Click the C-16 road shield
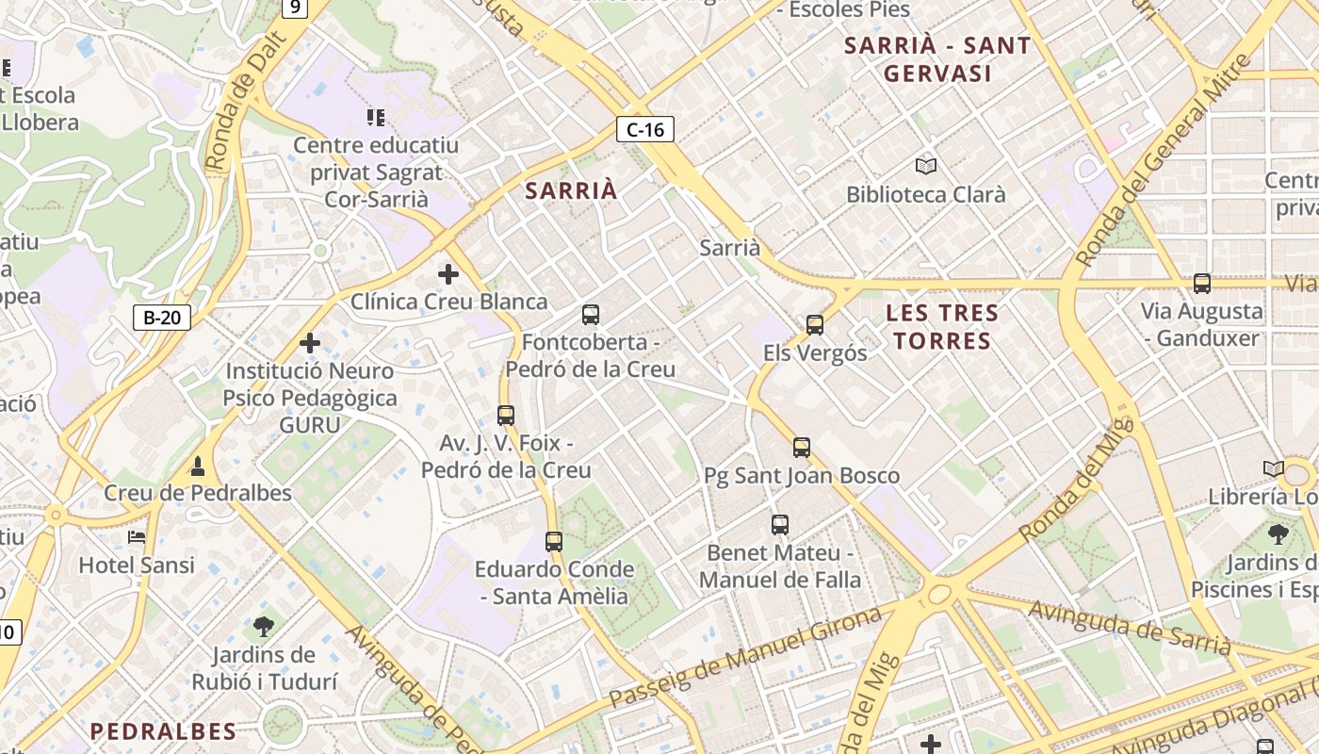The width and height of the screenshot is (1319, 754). (645, 129)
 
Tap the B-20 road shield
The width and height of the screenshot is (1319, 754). (162, 317)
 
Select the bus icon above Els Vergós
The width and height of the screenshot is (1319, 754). (815, 325)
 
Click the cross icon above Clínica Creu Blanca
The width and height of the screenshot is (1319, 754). (448, 274)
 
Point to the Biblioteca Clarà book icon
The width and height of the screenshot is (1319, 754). (926, 167)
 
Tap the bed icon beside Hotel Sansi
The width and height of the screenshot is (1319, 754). (137, 537)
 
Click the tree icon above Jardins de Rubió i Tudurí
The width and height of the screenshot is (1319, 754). (264, 625)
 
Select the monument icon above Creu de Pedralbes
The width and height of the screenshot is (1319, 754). (198, 466)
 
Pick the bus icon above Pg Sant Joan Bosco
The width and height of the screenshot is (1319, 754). (802, 448)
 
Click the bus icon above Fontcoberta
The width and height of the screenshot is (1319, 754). (591, 315)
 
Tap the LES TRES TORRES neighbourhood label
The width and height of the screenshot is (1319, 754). (942, 326)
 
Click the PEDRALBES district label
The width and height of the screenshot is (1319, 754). (163, 730)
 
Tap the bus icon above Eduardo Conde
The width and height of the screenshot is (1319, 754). (554, 542)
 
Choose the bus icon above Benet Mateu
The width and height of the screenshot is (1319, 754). (780, 525)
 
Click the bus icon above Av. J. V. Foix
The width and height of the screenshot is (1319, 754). (506, 416)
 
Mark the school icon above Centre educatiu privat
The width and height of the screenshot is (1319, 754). (376, 118)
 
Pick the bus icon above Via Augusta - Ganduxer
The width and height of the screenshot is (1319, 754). (1202, 283)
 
